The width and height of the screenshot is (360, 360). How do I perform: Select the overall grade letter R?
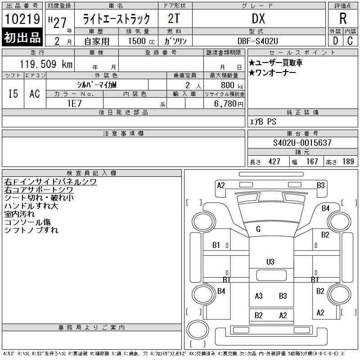343,19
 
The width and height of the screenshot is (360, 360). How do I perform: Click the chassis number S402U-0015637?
302,143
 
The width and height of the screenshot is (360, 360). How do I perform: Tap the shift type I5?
13,94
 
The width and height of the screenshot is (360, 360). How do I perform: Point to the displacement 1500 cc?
138,40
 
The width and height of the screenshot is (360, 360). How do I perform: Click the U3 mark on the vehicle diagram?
270,261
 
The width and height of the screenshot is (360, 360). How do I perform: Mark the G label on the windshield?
258,229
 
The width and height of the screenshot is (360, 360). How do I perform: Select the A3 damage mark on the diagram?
259,296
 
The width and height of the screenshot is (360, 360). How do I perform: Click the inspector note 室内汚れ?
19,214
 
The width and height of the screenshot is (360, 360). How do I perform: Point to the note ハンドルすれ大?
31,206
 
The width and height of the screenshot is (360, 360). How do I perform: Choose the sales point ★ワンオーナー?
272,73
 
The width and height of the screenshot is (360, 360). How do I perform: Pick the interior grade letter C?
350,40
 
